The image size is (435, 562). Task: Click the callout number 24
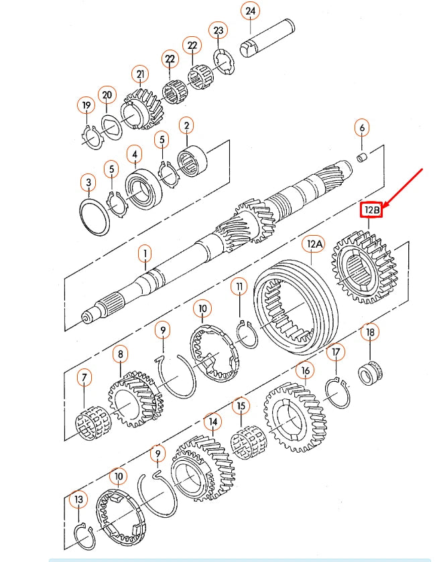(x=251, y=11)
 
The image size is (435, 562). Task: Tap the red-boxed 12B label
(x=371, y=210)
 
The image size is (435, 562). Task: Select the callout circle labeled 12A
(x=314, y=244)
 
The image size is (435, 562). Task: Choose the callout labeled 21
(x=140, y=74)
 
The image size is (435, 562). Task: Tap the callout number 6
(x=362, y=127)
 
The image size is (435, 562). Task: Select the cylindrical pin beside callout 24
(x=267, y=46)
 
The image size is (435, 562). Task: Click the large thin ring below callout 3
(x=95, y=216)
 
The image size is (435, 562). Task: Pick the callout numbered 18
(x=369, y=332)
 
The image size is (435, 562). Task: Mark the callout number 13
(x=79, y=499)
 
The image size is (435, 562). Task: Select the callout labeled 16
(x=305, y=370)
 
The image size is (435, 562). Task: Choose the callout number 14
(x=212, y=422)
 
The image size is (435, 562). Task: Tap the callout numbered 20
(x=107, y=96)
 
